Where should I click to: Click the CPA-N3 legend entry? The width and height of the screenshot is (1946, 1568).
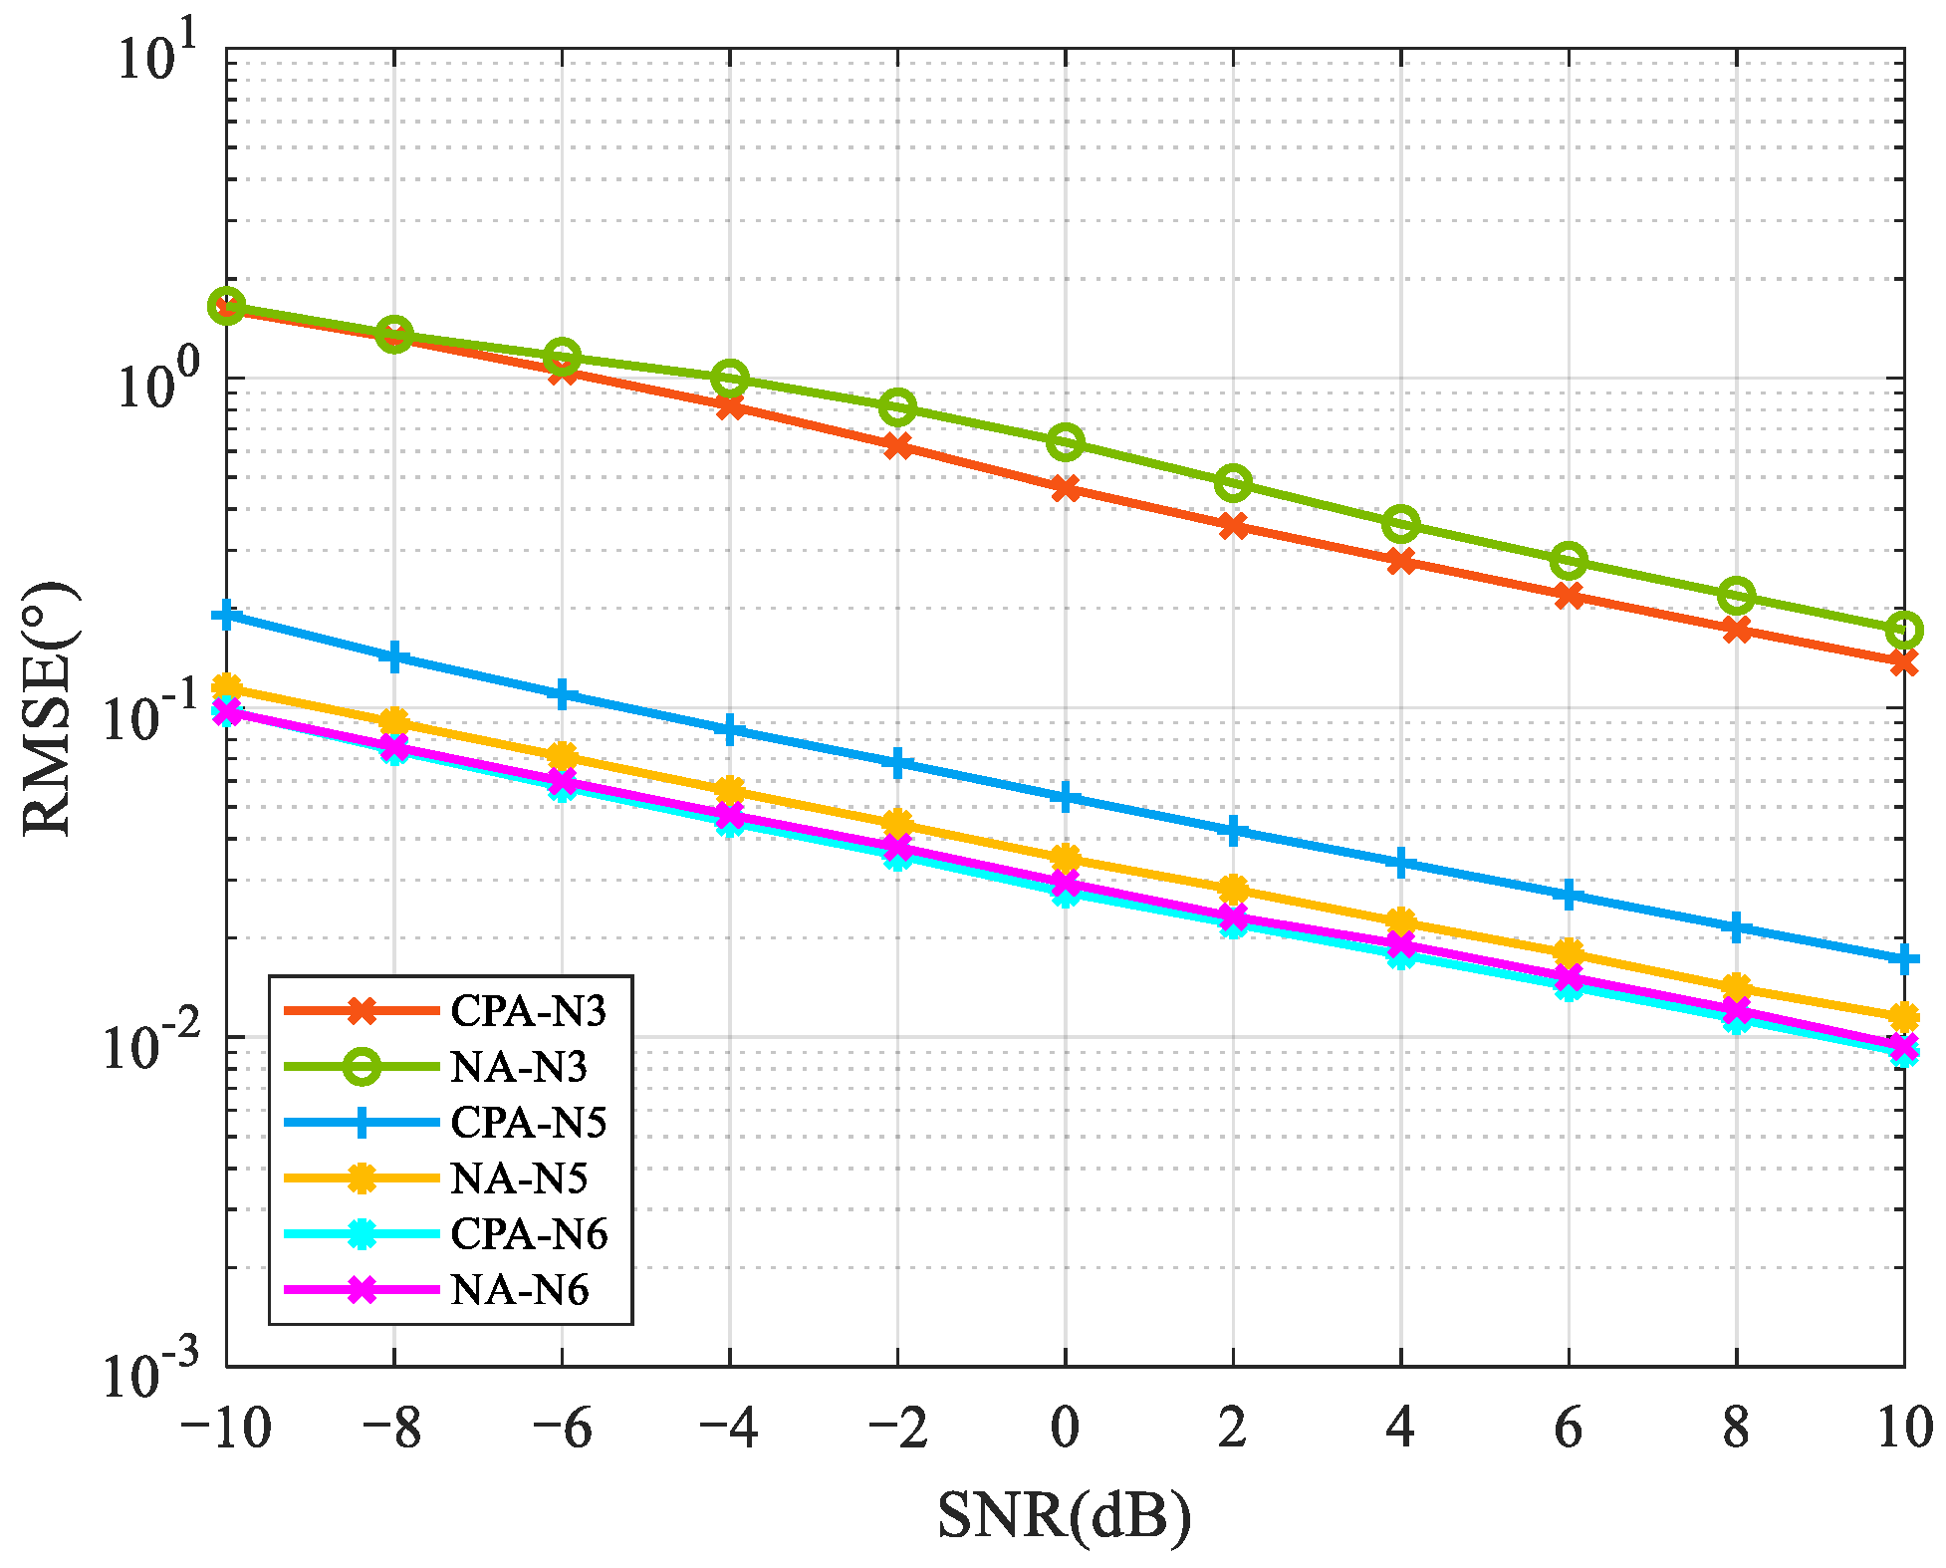(x=528, y=1011)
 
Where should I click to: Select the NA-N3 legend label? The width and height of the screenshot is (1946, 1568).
(x=519, y=1067)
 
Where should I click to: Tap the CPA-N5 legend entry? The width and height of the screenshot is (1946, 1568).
(x=528, y=1123)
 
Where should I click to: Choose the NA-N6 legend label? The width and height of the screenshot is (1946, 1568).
(x=519, y=1290)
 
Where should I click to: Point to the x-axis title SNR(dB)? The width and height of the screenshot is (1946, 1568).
(x=1064, y=1515)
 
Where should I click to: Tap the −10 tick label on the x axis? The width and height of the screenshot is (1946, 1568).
(x=226, y=1429)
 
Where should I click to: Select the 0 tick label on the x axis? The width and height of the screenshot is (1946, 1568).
(x=1065, y=1429)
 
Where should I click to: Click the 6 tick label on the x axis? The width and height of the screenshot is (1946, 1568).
(x=1569, y=1429)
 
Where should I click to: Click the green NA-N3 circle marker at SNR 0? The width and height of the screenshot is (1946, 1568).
(x=1066, y=442)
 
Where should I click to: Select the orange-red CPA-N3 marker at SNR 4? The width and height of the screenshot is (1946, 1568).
(x=1401, y=561)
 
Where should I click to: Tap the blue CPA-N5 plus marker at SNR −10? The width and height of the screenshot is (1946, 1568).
(x=227, y=616)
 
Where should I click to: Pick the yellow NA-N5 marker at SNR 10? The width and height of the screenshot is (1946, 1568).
(x=1903, y=1018)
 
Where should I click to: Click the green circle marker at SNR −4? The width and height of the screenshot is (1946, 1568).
(x=730, y=379)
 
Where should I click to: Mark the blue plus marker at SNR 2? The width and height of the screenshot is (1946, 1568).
(x=1233, y=830)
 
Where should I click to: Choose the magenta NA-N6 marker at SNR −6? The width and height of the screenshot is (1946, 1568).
(x=563, y=781)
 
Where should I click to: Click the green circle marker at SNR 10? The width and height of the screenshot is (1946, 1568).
(x=1903, y=630)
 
